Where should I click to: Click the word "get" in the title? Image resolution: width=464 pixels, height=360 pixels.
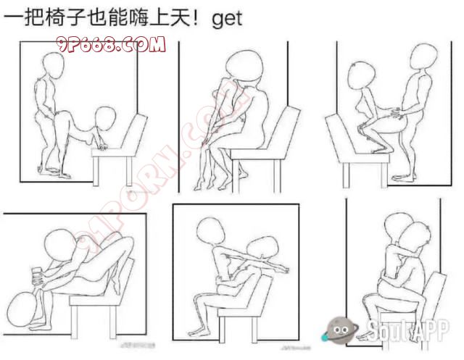coord(227,20)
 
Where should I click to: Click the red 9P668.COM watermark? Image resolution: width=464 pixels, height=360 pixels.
coord(111,44)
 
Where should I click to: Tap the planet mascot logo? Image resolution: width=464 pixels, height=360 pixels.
coord(339,330)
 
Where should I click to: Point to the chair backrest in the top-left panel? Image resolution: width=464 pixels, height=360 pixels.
coord(135,133)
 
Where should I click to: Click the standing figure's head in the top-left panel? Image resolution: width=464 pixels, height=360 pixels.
coord(53,65)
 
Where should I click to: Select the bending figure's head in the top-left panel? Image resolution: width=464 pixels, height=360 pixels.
coord(105,118)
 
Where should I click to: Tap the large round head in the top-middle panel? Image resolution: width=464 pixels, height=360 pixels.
coord(244,65)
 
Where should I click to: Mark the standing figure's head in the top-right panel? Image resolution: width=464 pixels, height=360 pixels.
coord(423,57)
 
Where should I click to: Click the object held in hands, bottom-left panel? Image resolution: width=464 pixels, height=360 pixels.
coord(37,279)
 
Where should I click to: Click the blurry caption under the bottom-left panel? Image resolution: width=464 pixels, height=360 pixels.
coord(138,345)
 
